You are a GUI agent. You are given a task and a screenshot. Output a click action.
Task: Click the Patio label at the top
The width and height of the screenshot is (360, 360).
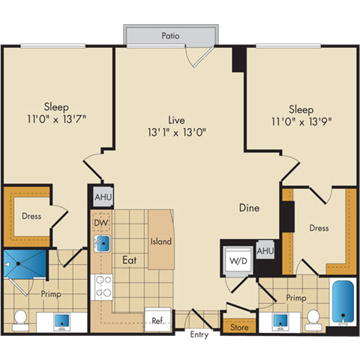tap(169, 34)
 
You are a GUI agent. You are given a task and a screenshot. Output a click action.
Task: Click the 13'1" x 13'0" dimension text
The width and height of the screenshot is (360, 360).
tap(177, 132)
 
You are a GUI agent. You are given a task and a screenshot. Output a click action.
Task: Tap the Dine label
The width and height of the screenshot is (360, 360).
tap(250, 208)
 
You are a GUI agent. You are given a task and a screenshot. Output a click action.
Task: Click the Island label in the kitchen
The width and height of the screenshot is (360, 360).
tap(160, 241)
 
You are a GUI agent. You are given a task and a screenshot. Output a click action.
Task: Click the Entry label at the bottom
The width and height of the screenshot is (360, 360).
tap(199, 334)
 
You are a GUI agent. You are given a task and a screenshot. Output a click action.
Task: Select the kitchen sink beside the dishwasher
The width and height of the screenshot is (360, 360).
tap(103, 243)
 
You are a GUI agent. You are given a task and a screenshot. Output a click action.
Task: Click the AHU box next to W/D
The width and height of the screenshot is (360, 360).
tap(264, 250)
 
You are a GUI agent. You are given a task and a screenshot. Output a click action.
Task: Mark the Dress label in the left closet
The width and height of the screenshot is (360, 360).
tap(31, 217)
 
